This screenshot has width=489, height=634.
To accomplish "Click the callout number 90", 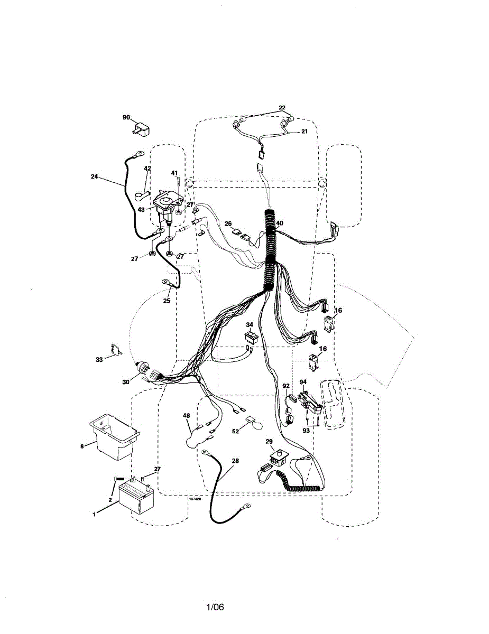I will [126, 117].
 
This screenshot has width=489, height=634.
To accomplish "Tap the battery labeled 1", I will [137, 497].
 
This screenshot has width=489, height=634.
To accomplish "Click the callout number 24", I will [94, 177].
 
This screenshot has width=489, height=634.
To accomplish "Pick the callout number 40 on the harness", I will [280, 223].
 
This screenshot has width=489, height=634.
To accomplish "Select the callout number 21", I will [304, 132].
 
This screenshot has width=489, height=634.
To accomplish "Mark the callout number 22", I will [282, 108].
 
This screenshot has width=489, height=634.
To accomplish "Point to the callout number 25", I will [167, 301].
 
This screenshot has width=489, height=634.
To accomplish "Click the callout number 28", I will [235, 461].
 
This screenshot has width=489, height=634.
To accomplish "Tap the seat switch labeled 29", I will [276, 456].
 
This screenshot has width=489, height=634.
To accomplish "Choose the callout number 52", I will [236, 431].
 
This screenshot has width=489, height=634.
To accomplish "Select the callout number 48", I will [187, 416].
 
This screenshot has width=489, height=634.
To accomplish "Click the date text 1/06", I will [215, 607].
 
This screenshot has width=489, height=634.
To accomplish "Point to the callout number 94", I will [303, 381].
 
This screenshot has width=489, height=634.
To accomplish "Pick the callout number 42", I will [147, 169].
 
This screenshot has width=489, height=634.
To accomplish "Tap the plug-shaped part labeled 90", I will [143, 128].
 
